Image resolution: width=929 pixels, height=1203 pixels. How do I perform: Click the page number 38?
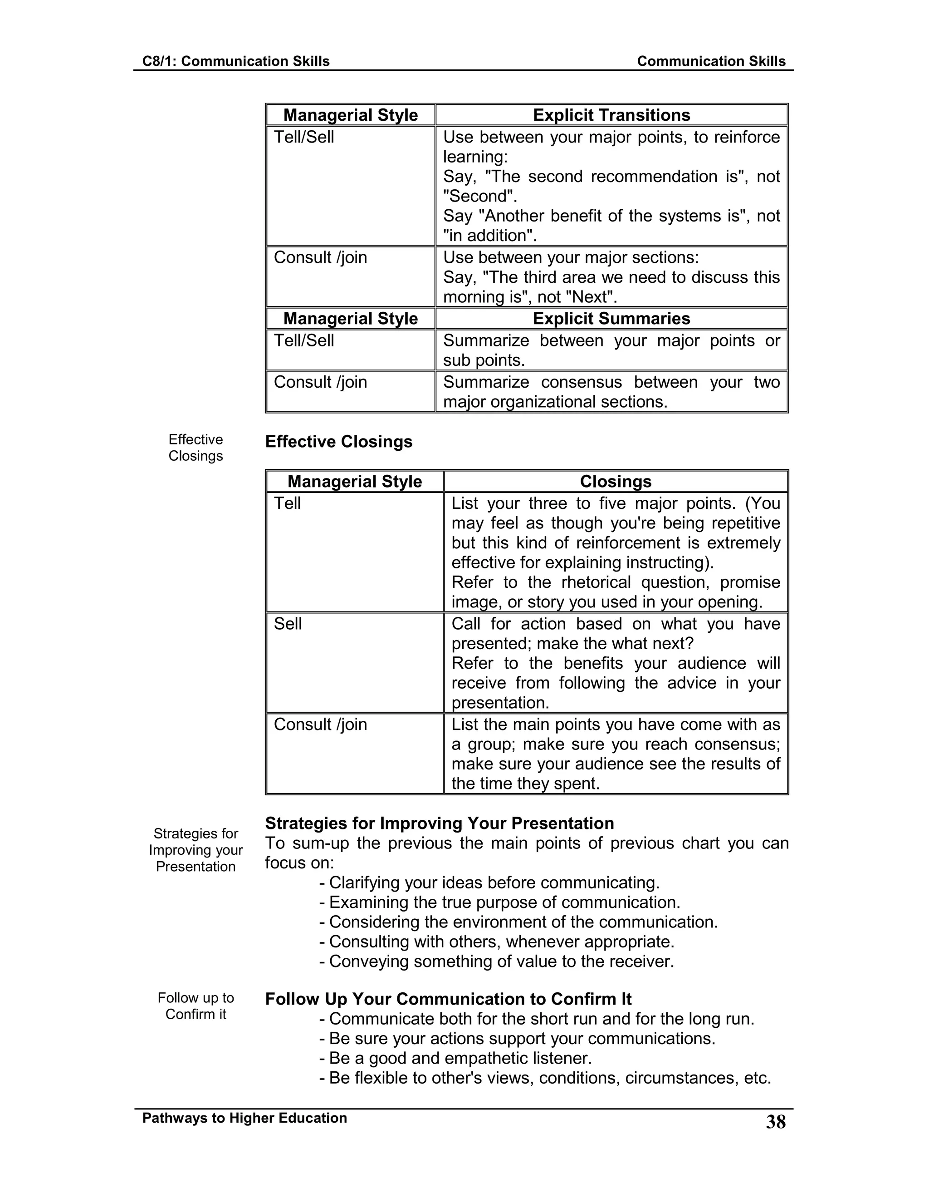click(x=775, y=1122)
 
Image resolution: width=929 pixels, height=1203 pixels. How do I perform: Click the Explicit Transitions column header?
click(x=611, y=115)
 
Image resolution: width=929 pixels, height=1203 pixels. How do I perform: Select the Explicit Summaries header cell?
click(x=611, y=318)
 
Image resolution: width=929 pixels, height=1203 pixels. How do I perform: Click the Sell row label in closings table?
click(x=288, y=624)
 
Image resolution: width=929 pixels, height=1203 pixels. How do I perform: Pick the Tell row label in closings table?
click(x=287, y=503)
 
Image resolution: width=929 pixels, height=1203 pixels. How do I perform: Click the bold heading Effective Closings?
click(x=338, y=442)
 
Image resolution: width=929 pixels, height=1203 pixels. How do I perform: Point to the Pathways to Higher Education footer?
click(x=244, y=1118)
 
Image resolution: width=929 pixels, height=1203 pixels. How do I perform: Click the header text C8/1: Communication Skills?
click(x=235, y=61)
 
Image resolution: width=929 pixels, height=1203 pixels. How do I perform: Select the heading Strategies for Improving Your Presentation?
click(x=439, y=823)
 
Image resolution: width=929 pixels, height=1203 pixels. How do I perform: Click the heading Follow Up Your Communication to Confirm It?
click(x=448, y=999)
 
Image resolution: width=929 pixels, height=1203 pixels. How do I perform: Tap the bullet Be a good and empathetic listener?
click(x=460, y=1058)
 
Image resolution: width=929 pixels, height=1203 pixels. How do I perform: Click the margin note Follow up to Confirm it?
click(x=196, y=1006)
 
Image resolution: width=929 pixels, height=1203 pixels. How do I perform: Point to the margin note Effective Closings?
click(x=196, y=447)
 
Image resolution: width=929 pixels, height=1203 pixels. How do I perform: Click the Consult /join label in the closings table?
click(x=320, y=725)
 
